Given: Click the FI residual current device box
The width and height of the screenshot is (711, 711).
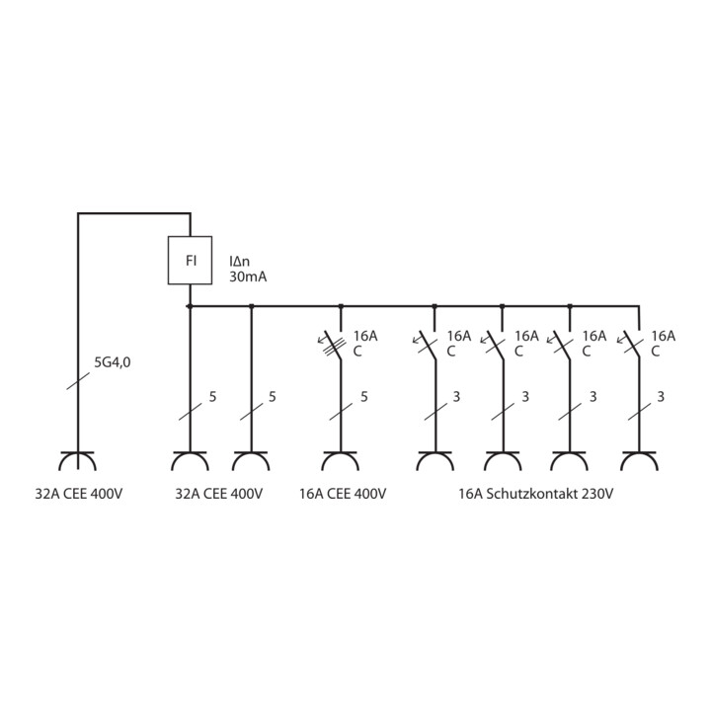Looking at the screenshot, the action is click(x=190, y=261).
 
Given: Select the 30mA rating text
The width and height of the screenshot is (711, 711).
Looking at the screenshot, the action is click(x=248, y=277).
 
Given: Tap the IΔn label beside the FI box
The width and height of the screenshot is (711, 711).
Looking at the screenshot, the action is click(x=239, y=261).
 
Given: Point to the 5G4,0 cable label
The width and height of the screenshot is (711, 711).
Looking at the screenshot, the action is click(x=112, y=362).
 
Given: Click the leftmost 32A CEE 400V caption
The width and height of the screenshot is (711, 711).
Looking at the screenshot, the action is click(x=79, y=494).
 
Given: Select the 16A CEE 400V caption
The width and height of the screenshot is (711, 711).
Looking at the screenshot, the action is click(x=343, y=494).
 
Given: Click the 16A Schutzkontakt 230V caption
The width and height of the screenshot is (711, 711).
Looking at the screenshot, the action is click(x=535, y=494).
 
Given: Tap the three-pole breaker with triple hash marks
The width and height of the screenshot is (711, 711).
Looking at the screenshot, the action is click(x=336, y=345).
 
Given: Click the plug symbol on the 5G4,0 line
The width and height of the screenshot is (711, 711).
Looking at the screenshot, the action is click(x=78, y=461).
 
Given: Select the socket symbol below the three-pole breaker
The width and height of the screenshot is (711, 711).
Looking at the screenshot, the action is click(x=340, y=461).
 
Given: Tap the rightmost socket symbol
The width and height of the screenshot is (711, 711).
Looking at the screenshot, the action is click(x=639, y=461).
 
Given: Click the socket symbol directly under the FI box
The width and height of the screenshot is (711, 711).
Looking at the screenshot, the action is click(x=190, y=461).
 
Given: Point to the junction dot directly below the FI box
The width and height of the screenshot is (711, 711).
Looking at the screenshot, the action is click(x=190, y=306).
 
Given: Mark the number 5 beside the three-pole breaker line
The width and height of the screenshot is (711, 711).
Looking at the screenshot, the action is click(x=364, y=397).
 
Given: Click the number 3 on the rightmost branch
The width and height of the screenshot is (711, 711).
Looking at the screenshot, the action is click(x=661, y=397).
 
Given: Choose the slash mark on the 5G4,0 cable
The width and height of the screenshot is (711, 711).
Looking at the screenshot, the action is click(x=78, y=381).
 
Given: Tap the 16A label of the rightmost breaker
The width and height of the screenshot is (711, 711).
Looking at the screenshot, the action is click(x=664, y=336).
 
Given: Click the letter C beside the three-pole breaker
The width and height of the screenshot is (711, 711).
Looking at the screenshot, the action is click(x=357, y=352).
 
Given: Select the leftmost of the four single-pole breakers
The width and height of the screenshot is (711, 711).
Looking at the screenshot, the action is click(x=427, y=345).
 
